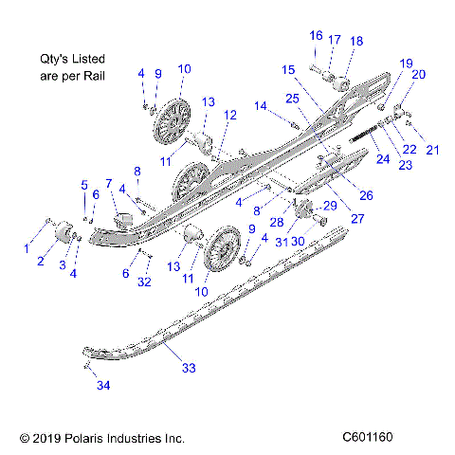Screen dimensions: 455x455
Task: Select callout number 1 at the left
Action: (27, 249)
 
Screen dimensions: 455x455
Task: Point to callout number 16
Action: (316, 35)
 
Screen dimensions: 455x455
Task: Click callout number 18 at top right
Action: (356, 41)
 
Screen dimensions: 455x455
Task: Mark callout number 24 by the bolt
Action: (382, 159)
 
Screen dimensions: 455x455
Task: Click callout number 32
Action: (143, 282)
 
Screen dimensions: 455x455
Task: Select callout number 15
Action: (287, 69)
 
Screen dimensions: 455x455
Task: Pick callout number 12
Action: (230, 115)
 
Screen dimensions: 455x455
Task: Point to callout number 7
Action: (109, 183)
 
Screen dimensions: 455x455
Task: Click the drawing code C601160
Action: (368, 437)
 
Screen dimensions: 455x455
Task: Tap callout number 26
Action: (364, 195)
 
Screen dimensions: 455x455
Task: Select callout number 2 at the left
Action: (41, 260)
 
